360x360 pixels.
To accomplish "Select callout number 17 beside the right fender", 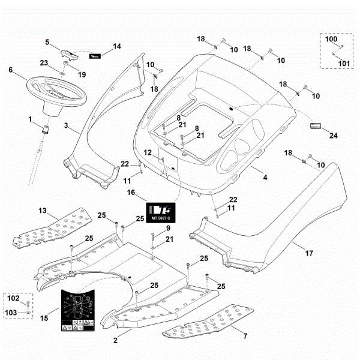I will point(309,254).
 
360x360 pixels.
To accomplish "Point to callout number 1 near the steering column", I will point(30,119).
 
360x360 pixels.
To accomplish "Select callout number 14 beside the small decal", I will point(117,46).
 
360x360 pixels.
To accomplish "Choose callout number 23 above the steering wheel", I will point(44,63).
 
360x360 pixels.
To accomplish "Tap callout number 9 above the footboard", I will point(168,229).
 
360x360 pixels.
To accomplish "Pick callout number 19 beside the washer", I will point(82,74).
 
